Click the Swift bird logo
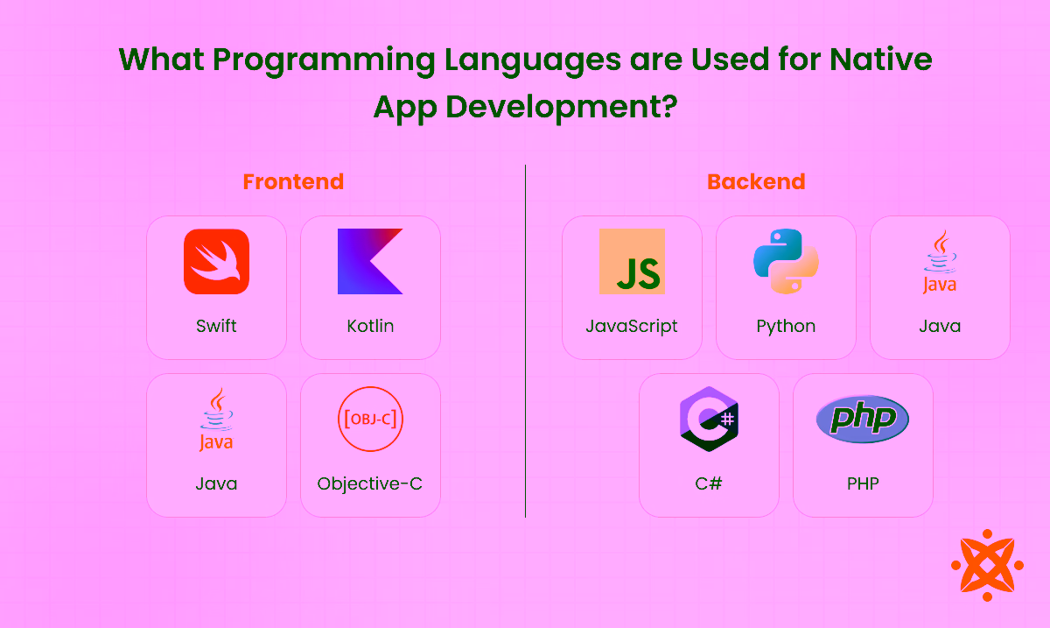(x=216, y=262)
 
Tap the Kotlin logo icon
(x=370, y=261)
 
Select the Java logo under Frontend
(x=216, y=420)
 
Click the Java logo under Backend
(x=940, y=262)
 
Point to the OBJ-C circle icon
(x=370, y=419)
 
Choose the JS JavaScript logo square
(x=632, y=261)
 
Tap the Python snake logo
(x=786, y=261)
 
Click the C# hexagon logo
(x=709, y=419)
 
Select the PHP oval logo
(x=863, y=419)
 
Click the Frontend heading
(x=293, y=182)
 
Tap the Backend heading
(x=756, y=182)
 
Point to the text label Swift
(x=216, y=326)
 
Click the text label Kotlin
(x=370, y=326)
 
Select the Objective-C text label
(x=370, y=483)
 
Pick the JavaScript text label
(x=632, y=326)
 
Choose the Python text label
(x=786, y=326)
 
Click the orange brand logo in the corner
(x=987, y=565)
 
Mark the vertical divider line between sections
(x=525, y=342)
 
